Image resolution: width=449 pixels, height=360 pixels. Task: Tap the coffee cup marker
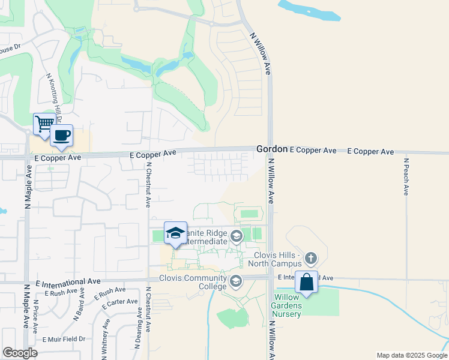tap(61, 136)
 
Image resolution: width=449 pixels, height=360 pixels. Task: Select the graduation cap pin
tap(175, 233)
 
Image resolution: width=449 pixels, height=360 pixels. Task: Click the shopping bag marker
tap(306, 282)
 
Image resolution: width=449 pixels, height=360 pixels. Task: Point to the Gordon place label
tap(271, 149)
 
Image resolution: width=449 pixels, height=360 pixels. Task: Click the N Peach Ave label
tap(406, 176)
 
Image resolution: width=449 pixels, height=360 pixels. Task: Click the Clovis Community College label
tap(193, 278)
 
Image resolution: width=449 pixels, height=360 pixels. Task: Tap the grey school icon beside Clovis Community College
tap(236, 280)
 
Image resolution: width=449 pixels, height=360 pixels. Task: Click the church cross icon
tap(310, 259)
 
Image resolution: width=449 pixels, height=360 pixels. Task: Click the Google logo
tap(20, 353)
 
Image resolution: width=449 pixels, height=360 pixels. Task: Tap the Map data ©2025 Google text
tap(411, 355)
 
